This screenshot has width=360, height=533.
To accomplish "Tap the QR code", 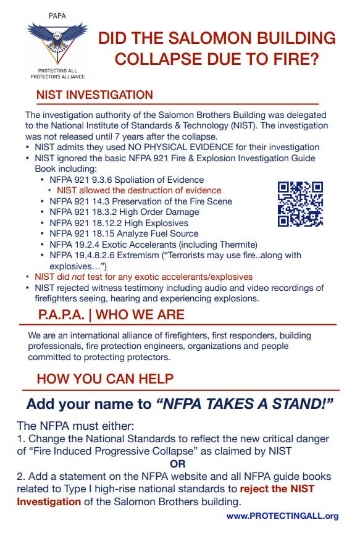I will point(300,204).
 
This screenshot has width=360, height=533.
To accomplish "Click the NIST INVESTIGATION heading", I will point(94,95).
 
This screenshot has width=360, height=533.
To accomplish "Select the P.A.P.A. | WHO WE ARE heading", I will point(111,315).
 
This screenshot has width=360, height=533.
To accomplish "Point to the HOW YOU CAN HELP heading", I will point(105,379).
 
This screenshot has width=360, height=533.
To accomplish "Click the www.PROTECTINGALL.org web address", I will point(282,516).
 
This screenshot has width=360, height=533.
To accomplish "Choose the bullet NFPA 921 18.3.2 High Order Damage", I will point(124,212).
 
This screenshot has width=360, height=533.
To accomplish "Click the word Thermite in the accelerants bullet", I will point(234,244).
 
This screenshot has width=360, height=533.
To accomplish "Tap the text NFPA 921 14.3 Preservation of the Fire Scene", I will point(141,201).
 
